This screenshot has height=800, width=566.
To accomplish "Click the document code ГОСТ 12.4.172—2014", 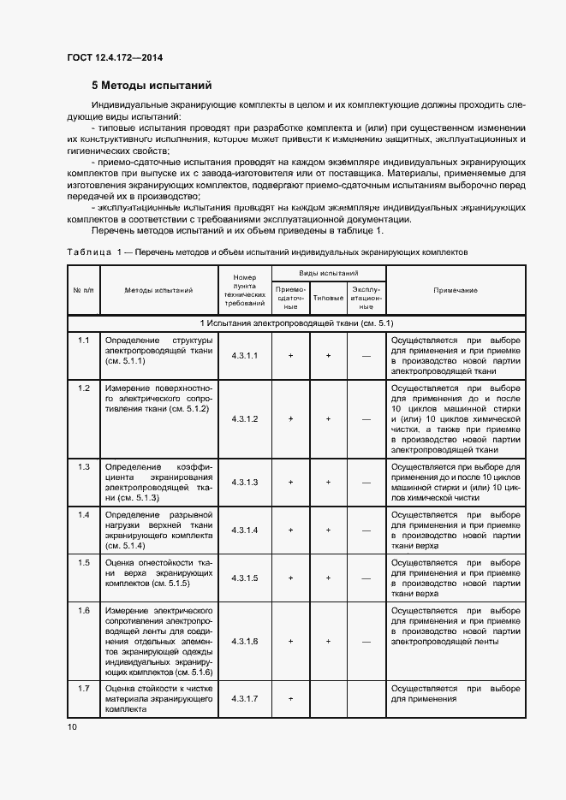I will point(115,57).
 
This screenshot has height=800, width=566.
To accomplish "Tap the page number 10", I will point(72,726).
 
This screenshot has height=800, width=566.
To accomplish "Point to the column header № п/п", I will point(83,290).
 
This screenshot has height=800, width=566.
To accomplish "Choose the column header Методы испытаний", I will point(159,290).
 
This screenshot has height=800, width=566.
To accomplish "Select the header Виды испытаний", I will point(328,272).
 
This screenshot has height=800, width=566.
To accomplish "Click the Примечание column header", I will point(456,290).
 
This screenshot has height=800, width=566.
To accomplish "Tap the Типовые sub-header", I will point(328,298).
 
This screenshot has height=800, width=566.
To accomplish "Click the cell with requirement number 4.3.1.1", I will point(244,354).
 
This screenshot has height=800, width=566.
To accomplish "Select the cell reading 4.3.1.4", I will point(244,530).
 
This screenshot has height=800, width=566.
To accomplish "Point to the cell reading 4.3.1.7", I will point(244,698).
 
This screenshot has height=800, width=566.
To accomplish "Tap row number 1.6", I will point(84,611).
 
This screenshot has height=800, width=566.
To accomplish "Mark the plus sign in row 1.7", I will point(291,698).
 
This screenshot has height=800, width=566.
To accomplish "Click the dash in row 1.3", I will point(366,483).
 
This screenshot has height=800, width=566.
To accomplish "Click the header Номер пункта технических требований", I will point(244,290).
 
